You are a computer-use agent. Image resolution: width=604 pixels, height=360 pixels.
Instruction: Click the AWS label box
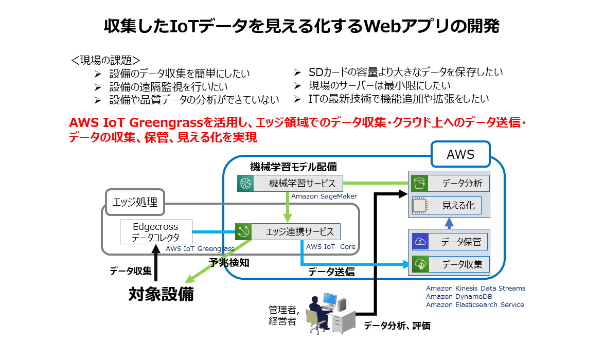point(460,154)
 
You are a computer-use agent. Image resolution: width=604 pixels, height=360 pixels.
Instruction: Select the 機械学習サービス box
point(290,183)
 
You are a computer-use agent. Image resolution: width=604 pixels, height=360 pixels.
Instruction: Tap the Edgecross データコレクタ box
point(156,232)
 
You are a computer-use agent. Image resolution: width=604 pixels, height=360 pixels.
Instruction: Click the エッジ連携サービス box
point(288,231)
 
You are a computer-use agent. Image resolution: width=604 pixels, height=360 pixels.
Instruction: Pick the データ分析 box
point(449,183)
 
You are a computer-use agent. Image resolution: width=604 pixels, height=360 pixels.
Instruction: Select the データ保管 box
point(449,242)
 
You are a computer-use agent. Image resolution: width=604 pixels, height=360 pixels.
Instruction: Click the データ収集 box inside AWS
point(449,265)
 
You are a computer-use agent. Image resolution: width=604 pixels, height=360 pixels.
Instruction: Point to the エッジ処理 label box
point(135,202)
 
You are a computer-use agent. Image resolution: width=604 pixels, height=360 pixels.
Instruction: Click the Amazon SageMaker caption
point(324,196)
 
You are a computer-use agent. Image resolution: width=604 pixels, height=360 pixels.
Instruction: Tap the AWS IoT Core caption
point(331,247)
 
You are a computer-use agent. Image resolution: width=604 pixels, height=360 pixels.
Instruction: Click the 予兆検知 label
point(229,262)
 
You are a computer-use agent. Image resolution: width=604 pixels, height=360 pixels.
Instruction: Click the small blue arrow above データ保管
point(449,223)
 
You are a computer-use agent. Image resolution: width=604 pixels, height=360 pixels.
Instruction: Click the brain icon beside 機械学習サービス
point(244,183)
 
